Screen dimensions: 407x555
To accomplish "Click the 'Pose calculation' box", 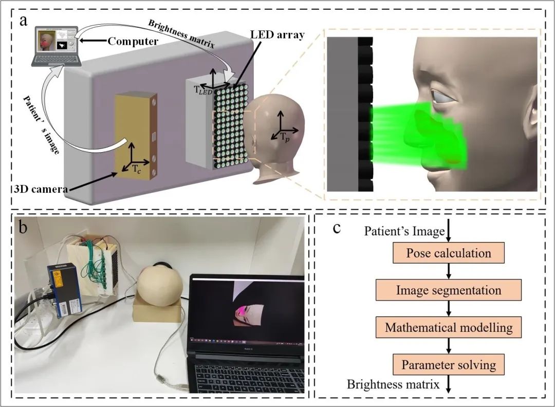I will coord(448,253).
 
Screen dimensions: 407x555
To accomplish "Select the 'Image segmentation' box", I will coord(449,290).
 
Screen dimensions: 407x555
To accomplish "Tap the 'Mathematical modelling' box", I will coord(449,327).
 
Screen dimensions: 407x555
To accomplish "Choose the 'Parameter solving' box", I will coord(449,365).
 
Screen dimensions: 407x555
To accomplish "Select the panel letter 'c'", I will coord(337,227).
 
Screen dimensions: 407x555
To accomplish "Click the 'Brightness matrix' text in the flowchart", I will coord(393,384).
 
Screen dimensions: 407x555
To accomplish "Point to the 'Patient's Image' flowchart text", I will coord(404,231).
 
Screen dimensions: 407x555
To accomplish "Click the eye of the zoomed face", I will coord(442,97).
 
